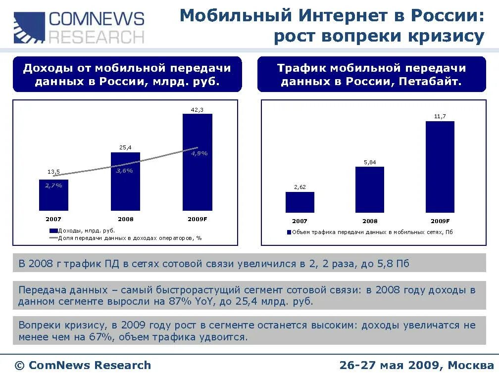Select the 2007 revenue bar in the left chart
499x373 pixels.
pyautogui.click(x=53, y=198)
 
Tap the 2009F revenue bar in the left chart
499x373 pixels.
pyautogui.click(x=197, y=178)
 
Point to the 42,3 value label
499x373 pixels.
pyautogui.click(x=197, y=110)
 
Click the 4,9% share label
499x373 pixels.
pyautogui.click(x=199, y=153)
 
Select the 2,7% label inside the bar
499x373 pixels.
pyautogui.click(x=53, y=186)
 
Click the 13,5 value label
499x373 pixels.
pyautogui.click(x=53, y=172)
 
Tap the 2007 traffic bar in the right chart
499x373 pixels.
pyautogui.click(x=299, y=202)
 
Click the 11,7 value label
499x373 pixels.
pyautogui.click(x=440, y=116)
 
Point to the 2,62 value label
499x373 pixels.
pyautogui.click(x=299, y=187)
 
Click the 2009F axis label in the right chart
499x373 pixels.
pyautogui.click(x=440, y=221)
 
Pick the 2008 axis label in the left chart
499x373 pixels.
pyautogui.click(x=125, y=219)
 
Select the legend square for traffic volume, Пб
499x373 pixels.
pyautogui.click(x=289, y=232)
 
